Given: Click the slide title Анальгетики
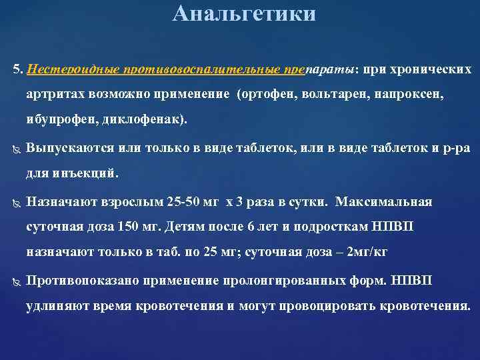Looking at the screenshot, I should pos(243,13).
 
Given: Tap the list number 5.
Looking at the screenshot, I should pos(17,70).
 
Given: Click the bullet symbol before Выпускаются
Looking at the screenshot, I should pos(16,149).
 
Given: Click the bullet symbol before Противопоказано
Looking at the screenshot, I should pos(16,281).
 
